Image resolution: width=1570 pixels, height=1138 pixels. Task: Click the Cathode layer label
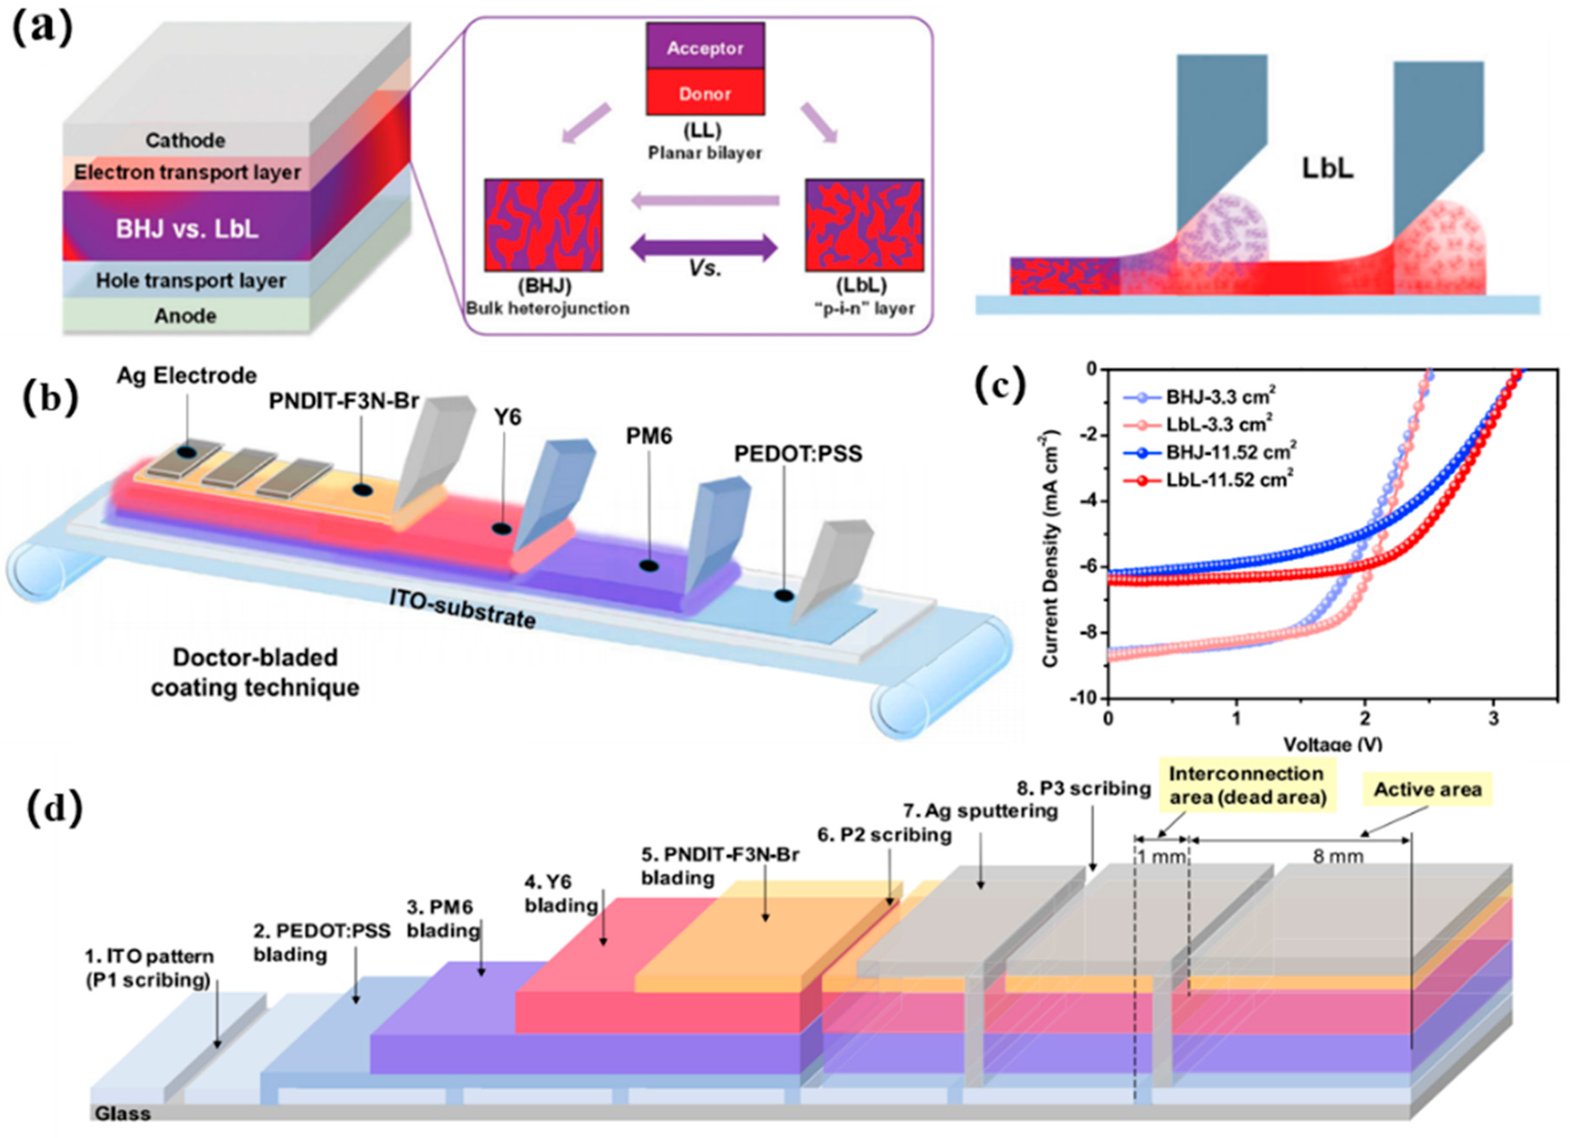click(185, 141)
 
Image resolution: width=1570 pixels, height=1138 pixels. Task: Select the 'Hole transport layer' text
click(190, 280)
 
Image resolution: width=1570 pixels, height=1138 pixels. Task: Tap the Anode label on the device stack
click(185, 315)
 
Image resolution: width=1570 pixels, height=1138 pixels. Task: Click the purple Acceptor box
click(705, 47)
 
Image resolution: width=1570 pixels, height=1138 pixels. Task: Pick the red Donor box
click(705, 93)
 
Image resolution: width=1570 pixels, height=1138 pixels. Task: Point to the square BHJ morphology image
click(543, 225)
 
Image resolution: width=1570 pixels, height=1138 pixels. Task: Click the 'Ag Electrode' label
click(186, 376)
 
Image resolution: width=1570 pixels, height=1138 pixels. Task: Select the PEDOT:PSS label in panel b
click(798, 453)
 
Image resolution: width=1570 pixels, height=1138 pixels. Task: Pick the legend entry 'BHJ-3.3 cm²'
click(1221, 396)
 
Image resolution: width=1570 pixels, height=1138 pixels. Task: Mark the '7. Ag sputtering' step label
click(980, 811)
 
